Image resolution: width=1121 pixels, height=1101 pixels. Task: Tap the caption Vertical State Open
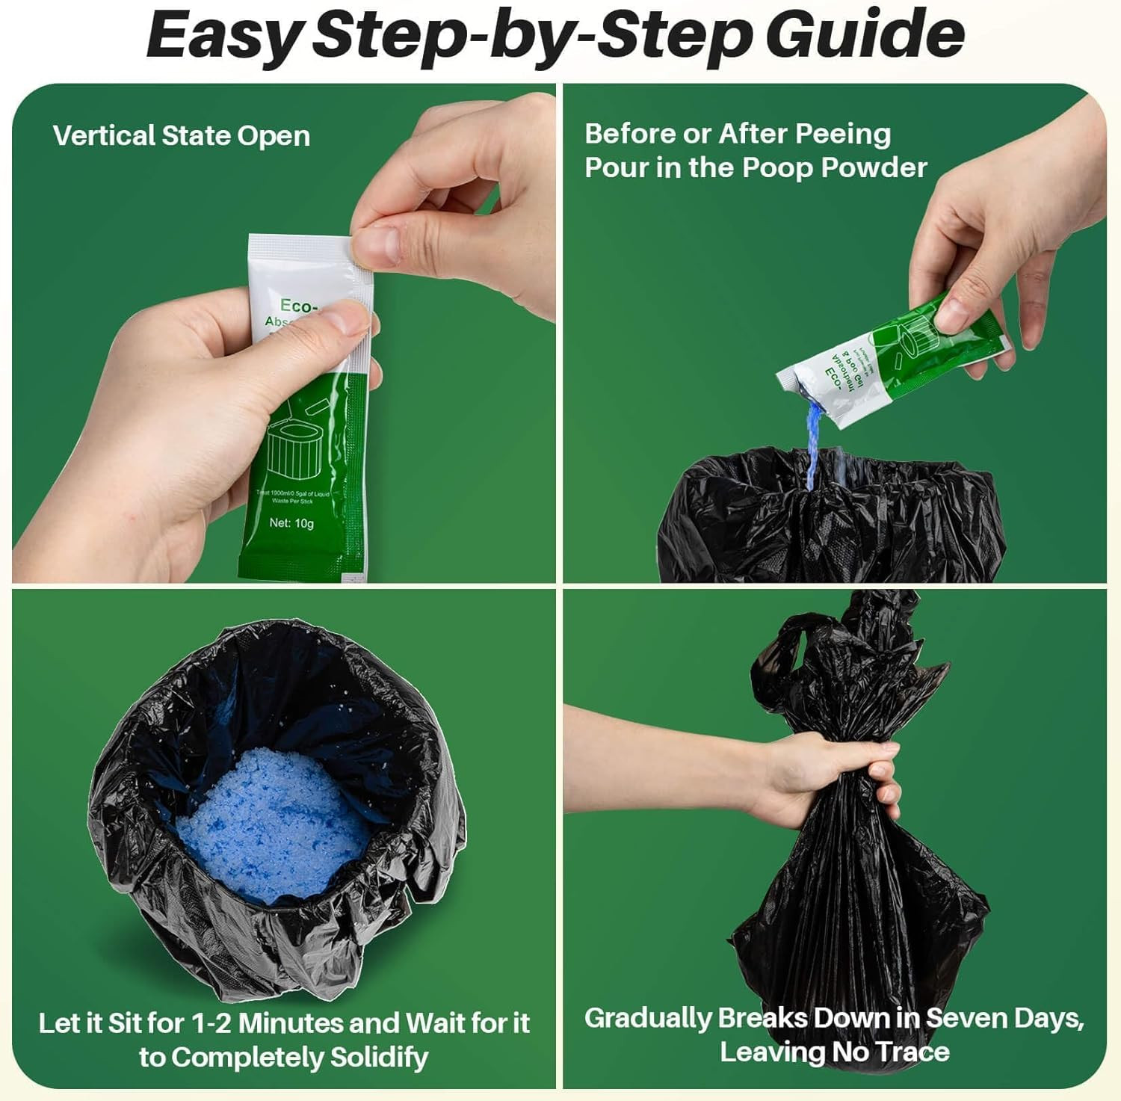click(182, 136)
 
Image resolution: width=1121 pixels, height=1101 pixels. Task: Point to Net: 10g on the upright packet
click(291, 523)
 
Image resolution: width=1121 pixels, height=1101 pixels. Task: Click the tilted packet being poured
click(889, 359)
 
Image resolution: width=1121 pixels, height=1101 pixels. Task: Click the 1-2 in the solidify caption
click(211, 1023)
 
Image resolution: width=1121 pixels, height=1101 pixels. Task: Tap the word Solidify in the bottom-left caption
click(379, 1057)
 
